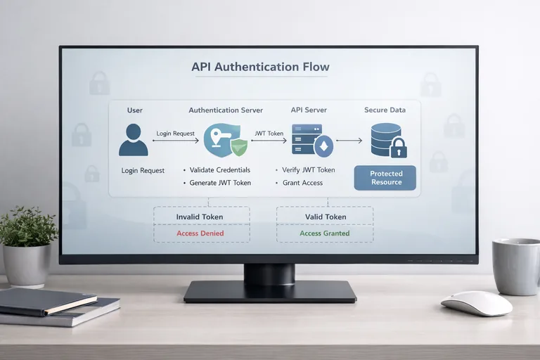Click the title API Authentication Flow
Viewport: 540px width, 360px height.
point(260,67)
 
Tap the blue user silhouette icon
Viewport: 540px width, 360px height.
point(134,140)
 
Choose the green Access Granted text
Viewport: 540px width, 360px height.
point(325,233)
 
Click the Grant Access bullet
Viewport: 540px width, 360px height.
point(303,183)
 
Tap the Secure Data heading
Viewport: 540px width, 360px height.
point(385,110)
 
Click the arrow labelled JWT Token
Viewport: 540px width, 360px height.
point(269,141)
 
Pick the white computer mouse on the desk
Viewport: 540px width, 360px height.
point(476,303)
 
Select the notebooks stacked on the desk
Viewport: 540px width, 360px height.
point(56,307)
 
